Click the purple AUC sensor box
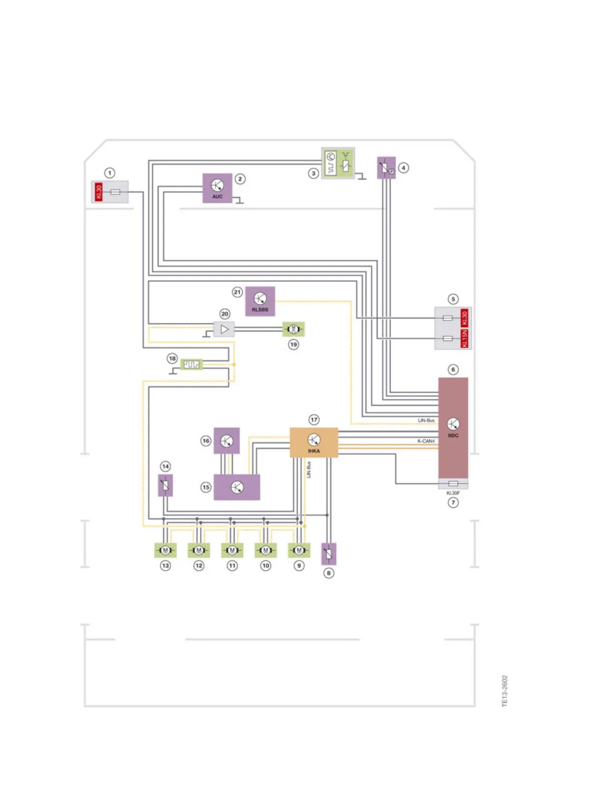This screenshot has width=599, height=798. (x=217, y=188)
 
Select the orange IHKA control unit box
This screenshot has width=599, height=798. (x=314, y=442)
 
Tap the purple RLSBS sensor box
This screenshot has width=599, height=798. (x=260, y=301)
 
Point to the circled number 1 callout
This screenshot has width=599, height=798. (x=109, y=173)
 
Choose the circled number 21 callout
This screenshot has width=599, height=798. (x=237, y=292)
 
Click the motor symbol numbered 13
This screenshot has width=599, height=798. (x=165, y=550)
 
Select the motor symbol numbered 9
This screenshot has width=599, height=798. (x=299, y=550)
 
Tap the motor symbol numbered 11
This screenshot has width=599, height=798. (x=232, y=550)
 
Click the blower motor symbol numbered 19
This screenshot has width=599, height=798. (x=293, y=329)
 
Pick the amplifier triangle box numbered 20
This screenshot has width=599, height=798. (x=224, y=329)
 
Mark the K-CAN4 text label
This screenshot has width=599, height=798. (x=426, y=441)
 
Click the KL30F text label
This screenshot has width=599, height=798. (x=453, y=493)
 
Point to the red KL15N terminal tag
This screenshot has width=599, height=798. (x=465, y=338)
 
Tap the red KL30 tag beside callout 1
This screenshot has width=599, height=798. (x=99, y=192)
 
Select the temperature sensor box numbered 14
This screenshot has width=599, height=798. (x=166, y=486)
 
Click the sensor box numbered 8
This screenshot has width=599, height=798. (x=329, y=554)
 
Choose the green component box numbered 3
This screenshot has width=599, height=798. (x=338, y=163)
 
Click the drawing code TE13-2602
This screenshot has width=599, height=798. (x=505, y=691)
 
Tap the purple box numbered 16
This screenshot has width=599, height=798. (x=227, y=441)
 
